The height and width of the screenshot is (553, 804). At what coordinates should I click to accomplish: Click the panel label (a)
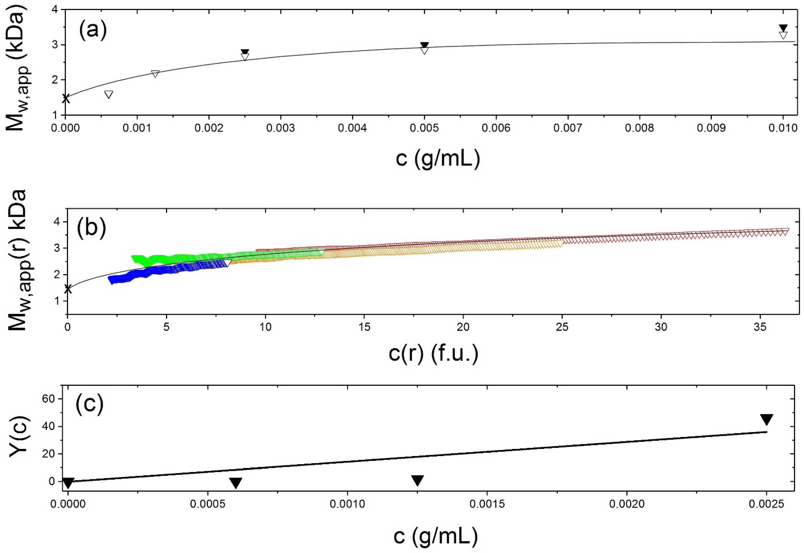point(92,31)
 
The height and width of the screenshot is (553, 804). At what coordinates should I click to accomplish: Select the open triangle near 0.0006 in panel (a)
point(108,95)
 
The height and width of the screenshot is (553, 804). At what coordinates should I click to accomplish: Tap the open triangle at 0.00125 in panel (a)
point(155,74)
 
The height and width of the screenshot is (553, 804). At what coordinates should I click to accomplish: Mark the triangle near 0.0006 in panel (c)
point(236,483)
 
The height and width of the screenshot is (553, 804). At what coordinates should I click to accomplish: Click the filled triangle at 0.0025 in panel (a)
point(245,52)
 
